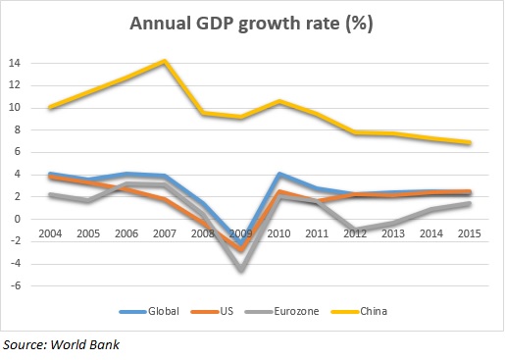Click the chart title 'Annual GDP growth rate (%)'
[x=253, y=22]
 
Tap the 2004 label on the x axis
[x=50, y=235]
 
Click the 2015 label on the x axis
[x=471, y=235]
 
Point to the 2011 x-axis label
[x=318, y=235]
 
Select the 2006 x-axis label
[x=126, y=235]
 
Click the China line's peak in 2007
[x=165, y=61]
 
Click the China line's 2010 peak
[x=279, y=101]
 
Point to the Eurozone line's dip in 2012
[x=356, y=231]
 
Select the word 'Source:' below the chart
[x=25, y=345]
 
